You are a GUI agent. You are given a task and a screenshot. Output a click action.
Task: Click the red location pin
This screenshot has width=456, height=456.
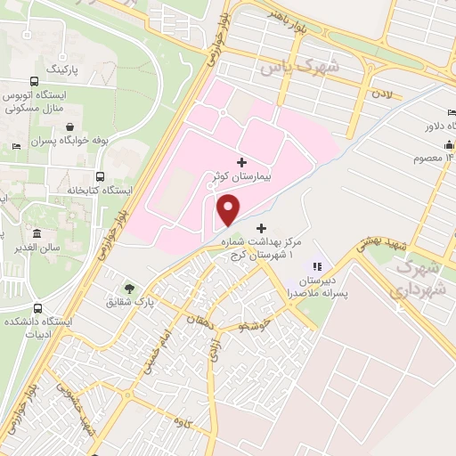coord(229,209)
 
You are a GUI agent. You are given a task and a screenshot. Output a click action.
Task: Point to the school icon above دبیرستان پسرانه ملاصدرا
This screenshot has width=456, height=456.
coord(314,265)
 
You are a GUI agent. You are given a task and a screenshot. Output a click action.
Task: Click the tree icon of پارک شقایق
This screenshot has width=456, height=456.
coord(131,288)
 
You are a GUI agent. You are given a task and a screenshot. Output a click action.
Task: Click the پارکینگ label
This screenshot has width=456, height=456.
coord(62,68)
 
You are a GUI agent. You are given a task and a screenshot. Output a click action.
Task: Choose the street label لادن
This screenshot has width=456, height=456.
coord(381,93)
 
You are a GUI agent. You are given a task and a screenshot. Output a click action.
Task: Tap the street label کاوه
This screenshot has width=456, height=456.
coord(184,420)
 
